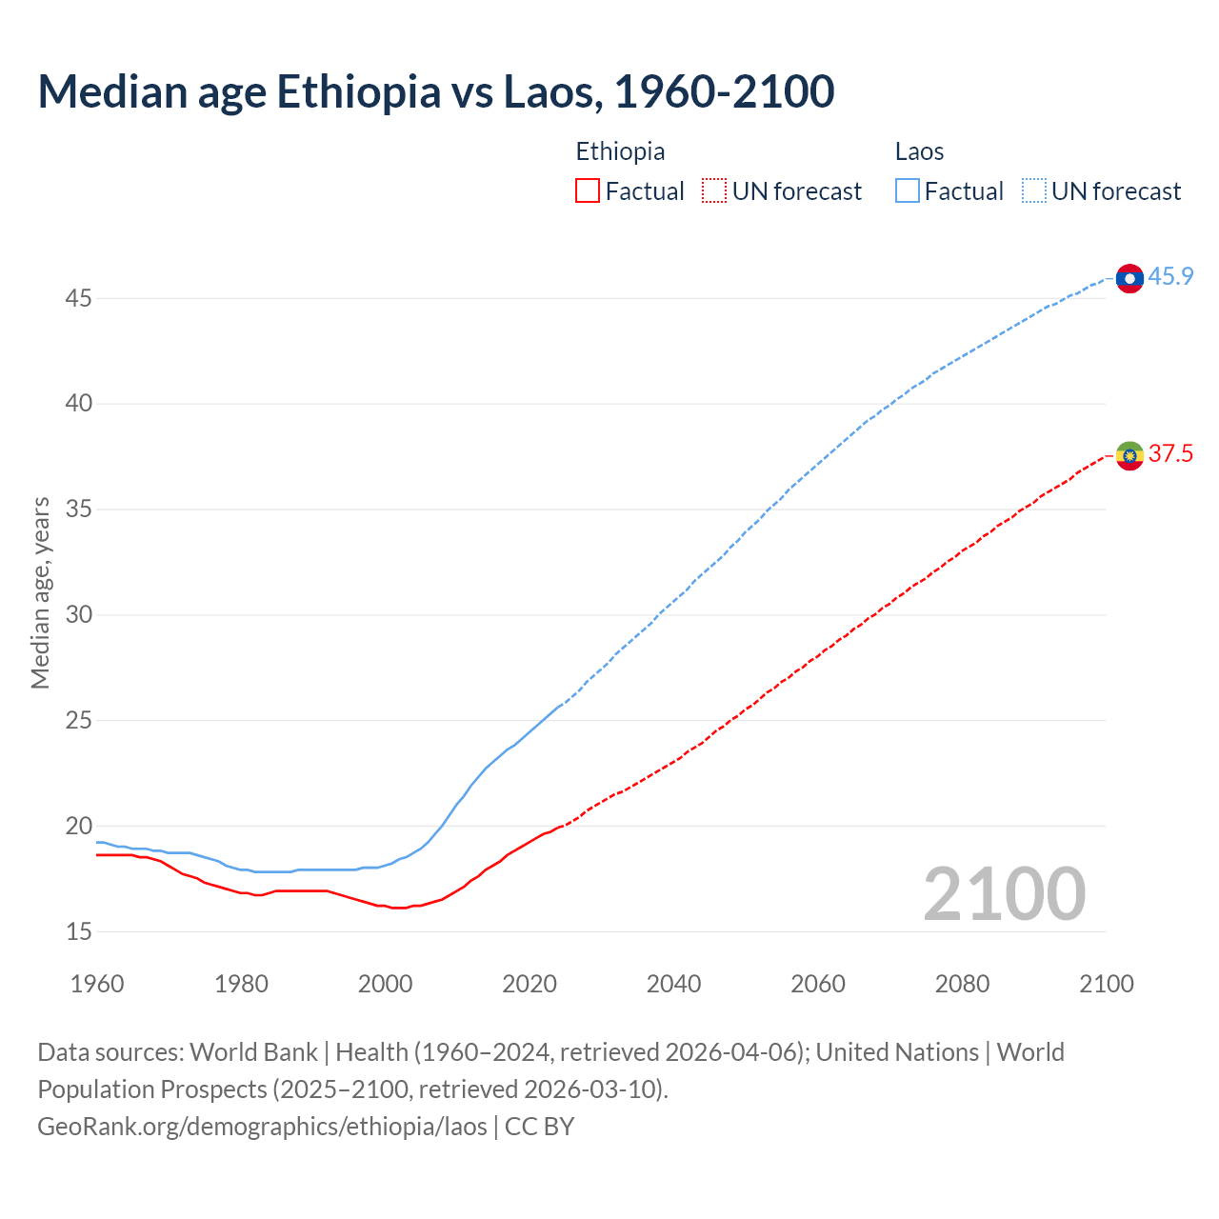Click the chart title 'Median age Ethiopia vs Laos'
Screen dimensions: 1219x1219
pyautogui.click(x=435, y=91)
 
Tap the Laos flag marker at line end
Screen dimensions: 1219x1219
pyautogui.click(x=1129, y=278)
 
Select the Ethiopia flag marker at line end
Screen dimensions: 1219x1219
pyautogui.click(x=1129, y=455)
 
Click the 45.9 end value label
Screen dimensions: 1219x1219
pyautogui.click(x=1170, y=277)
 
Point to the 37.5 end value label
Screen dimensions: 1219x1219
pyautogui.click(x=1170, y=454)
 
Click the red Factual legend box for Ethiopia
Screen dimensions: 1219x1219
pyautogui.click(x=588, y=191)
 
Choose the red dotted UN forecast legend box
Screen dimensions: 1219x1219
pyautogui.click(x=714, y=191)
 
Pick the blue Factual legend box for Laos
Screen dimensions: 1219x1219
pyautogui.click(x=908, y=191)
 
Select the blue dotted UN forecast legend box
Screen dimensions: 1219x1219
pyautogui.click(x=1033, y=191)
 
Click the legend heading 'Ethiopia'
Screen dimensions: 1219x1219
pyautogui.click(x=620, y=151)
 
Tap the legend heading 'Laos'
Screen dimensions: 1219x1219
pyautogui.click(x=919, y=151)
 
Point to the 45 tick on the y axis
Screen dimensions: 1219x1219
pyautogui.click(x=78, y=299)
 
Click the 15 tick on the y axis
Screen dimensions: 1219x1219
pyautogui.click(x=78, y=931)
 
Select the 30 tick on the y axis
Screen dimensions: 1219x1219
pyautogui.click(x=78, y=615)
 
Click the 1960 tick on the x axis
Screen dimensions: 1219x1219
pyautogui.click(x=97, y=984)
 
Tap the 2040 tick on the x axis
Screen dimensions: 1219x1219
pyautogui.click(x=673, y=984)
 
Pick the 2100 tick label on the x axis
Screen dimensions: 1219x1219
pyautogui.click(x=1106, y=984)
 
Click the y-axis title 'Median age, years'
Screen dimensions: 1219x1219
pyautogui.click(x=40, y=592)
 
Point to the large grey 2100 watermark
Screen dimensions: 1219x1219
pyautogui.click(x=1004, y=894)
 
